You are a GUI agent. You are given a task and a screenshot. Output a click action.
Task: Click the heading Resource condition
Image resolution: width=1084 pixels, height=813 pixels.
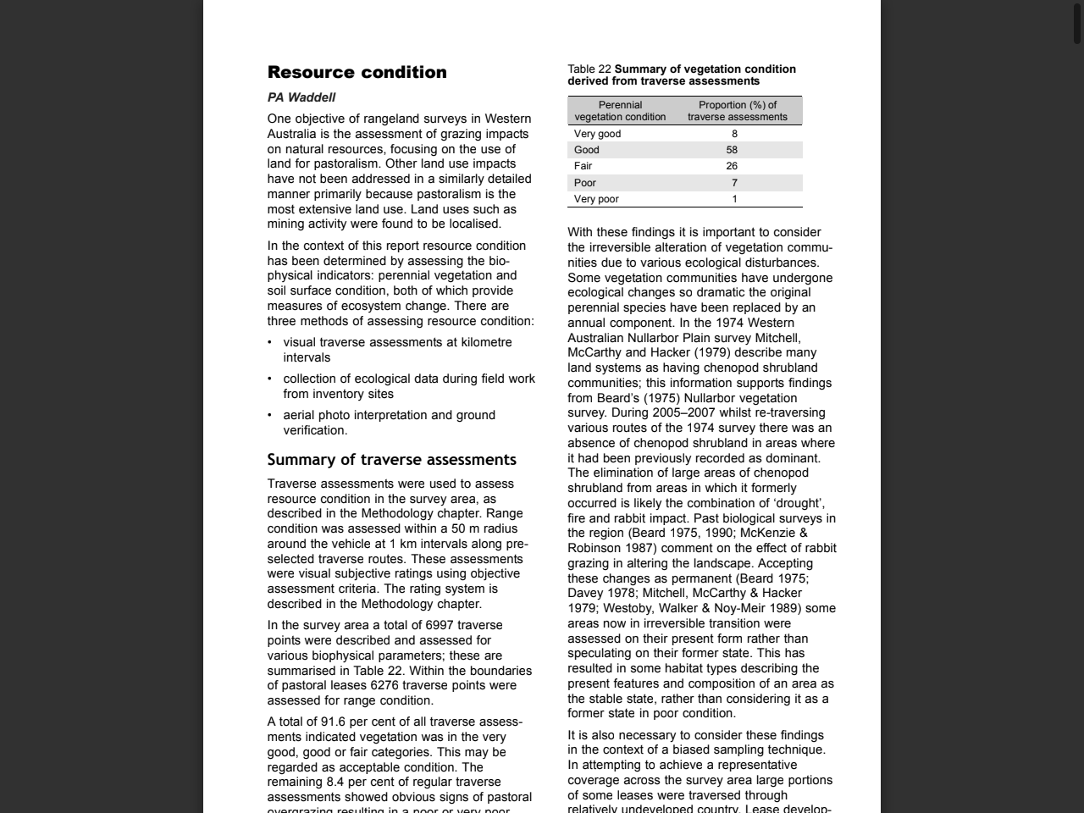(x=357, y=72)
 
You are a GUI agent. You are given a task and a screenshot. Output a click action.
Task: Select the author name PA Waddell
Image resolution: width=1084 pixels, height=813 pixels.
(x=301, y=97)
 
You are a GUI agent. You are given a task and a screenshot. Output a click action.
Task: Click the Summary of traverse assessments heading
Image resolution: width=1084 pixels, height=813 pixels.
(x=391, y=460)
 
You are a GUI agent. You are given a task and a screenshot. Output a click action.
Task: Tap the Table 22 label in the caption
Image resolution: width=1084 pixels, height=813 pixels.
(x=589, y=69)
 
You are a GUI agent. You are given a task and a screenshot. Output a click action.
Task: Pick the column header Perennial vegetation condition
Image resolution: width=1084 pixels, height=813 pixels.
(x=620, y=111)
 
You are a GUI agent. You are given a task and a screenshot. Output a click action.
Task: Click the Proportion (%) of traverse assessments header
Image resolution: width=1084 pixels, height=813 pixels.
(x=737, y=111)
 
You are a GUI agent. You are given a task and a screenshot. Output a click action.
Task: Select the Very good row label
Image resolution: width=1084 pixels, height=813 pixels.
(x=597, y=134)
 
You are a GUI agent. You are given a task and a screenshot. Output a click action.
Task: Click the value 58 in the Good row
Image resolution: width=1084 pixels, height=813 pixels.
(x=732, y=150)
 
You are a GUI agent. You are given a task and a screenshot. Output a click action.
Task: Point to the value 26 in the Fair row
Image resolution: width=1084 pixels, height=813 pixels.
(x=732, y=166)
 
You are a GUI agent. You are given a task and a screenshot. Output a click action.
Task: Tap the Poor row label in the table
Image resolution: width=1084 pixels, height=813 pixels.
(x=585, y=183)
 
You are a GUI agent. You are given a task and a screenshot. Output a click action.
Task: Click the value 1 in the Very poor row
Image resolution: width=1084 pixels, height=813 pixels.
(x=734, y=199)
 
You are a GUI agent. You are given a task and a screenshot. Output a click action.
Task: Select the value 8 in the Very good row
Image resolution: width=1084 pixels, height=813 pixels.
(x=734, y=134)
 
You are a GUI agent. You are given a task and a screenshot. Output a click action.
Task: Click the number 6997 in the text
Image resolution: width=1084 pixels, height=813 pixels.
(x=440, y=626)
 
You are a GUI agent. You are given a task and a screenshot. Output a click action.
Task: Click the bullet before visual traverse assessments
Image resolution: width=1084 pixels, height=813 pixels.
(x=270, y=343)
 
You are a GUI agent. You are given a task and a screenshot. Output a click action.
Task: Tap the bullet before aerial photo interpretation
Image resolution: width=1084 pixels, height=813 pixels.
(x=270, y=416)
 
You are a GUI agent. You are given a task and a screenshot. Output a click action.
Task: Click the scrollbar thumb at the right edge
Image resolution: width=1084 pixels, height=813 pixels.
(x=1077, y=24)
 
